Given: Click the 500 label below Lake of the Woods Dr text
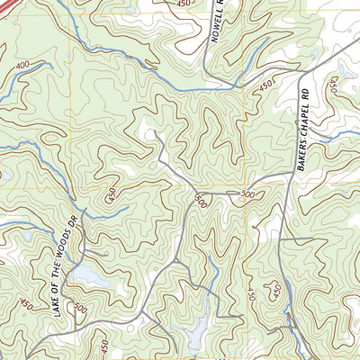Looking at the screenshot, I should [81, 309].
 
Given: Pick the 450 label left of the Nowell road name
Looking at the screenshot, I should [184, 4].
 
